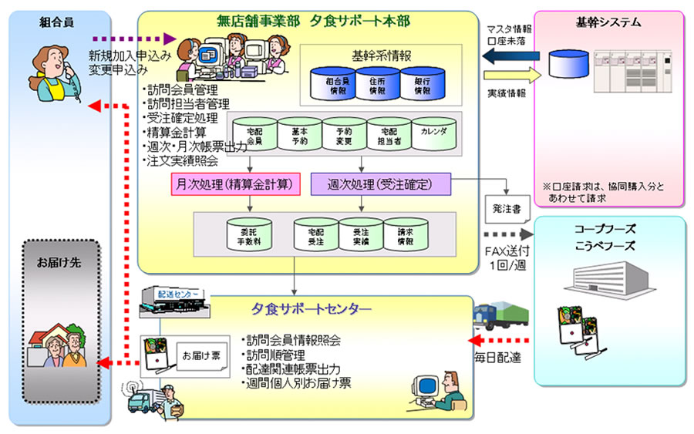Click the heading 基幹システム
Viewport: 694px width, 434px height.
608,22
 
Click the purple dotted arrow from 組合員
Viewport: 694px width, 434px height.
134,37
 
